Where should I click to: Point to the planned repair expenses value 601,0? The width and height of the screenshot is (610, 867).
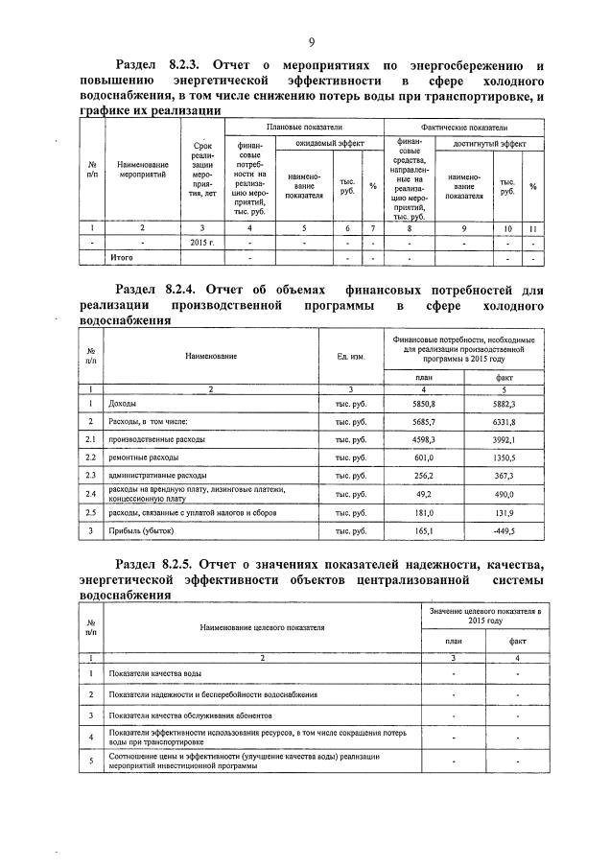(423, 457)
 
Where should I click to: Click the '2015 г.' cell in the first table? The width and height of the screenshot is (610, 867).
(201, 244)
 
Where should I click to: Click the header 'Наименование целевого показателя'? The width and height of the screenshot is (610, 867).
(262, 627)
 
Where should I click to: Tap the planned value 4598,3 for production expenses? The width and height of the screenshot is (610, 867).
(423, 440)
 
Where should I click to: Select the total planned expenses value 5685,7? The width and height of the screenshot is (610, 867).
(423, 422)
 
